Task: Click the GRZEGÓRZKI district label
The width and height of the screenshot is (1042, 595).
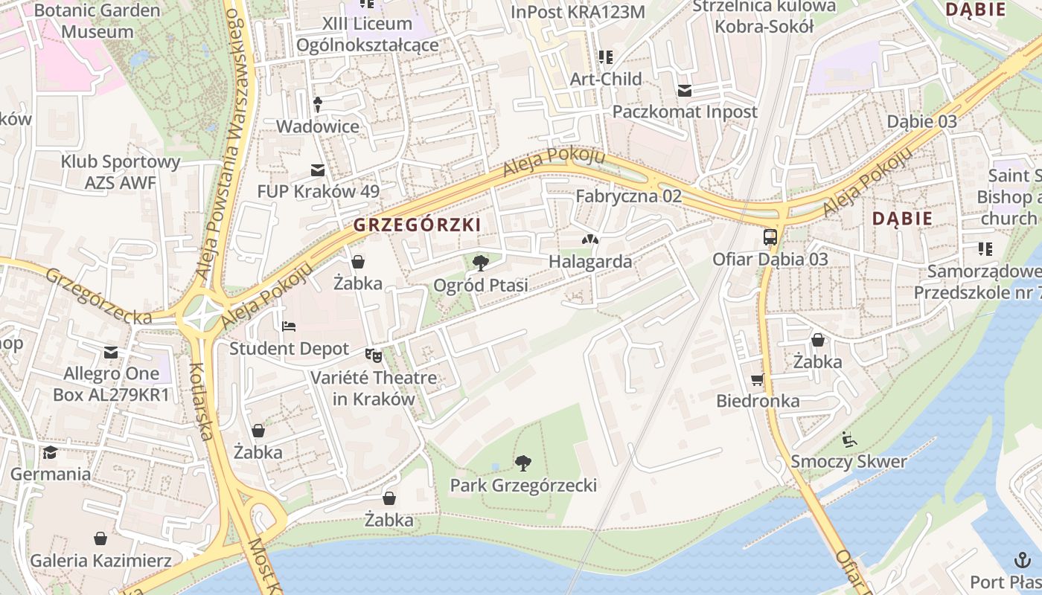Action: [417, 224]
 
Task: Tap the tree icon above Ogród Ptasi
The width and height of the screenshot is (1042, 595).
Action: [481, 262]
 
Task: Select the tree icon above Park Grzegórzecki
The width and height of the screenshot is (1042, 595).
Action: [523, 463]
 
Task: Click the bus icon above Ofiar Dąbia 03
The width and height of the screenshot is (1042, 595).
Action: [770, 237]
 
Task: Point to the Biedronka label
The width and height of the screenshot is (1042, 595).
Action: [758, 401]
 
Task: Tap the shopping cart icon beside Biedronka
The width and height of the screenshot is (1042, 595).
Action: [758, 379]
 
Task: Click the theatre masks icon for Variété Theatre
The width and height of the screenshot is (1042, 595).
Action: [373, 356]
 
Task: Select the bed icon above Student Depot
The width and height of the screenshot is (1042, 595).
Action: [289, 327]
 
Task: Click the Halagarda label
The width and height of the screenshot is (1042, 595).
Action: [590, 262]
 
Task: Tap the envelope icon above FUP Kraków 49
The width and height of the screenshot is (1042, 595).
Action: [318, 170]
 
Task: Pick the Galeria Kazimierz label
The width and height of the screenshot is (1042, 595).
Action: [100, 561]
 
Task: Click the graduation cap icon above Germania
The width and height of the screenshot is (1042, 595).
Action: [50, 452]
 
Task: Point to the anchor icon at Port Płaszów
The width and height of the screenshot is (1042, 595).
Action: [1023, 559]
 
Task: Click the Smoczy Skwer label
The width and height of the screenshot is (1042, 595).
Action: [848, 461]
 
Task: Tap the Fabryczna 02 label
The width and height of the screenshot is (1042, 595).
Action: [629, 196]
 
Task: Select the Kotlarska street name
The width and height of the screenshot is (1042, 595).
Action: [202, 402]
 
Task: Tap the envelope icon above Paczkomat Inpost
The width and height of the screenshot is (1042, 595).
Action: [684, 91]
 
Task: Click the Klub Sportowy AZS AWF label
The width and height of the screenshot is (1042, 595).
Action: [121, 172]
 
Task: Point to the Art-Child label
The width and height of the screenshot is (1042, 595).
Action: [606, 79]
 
